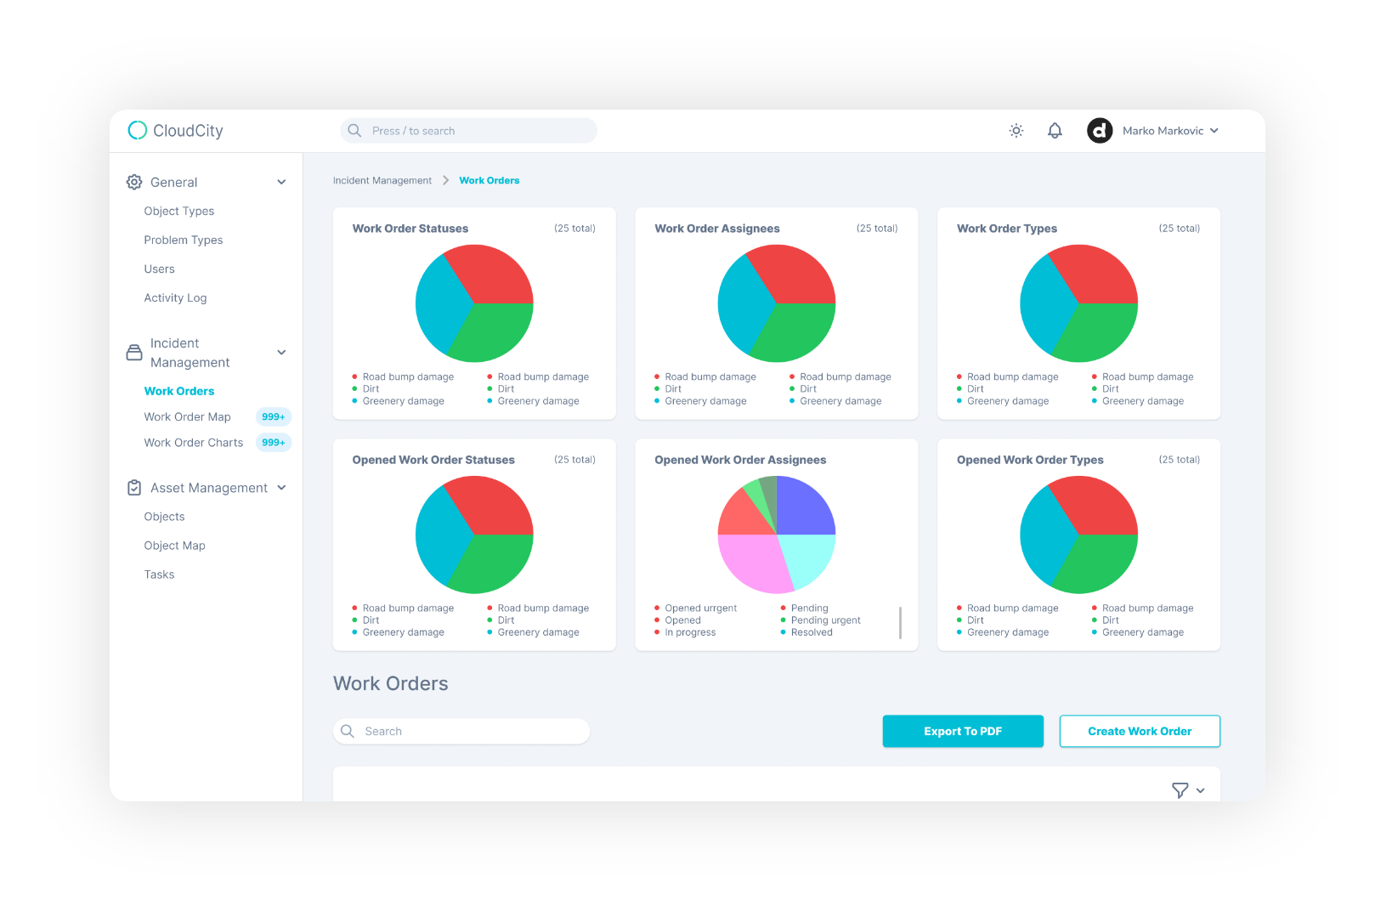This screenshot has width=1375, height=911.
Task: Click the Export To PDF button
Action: (x=962, y=731)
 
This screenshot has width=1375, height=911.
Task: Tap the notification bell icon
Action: (x=1055, y=131)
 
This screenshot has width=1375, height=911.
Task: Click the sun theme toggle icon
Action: (x=1016, y=131)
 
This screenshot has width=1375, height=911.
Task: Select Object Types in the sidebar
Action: (x=178, y=211)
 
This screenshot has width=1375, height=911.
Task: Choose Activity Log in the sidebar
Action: (x=175, y=297)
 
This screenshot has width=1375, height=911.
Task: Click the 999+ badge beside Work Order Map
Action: (x=273, y=416)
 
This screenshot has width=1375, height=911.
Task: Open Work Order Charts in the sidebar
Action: (x=193, y=443)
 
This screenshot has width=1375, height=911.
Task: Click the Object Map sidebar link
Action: (x=174, y=546)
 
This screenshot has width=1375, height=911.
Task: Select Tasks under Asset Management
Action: (x=159, y=574)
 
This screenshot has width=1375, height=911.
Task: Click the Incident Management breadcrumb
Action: (x=382, y=180)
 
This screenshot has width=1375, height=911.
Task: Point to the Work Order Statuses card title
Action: (x=410, y=229)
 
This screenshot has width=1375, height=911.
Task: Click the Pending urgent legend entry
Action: (x=825, y=620)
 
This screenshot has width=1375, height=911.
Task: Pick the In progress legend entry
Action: (x=690, y=632)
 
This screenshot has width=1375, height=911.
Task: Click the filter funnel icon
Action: (x=1180, y=790)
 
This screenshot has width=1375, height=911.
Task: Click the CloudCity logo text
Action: (x=188, y=131)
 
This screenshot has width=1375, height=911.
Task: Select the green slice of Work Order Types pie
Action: (x=1097, y=331)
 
